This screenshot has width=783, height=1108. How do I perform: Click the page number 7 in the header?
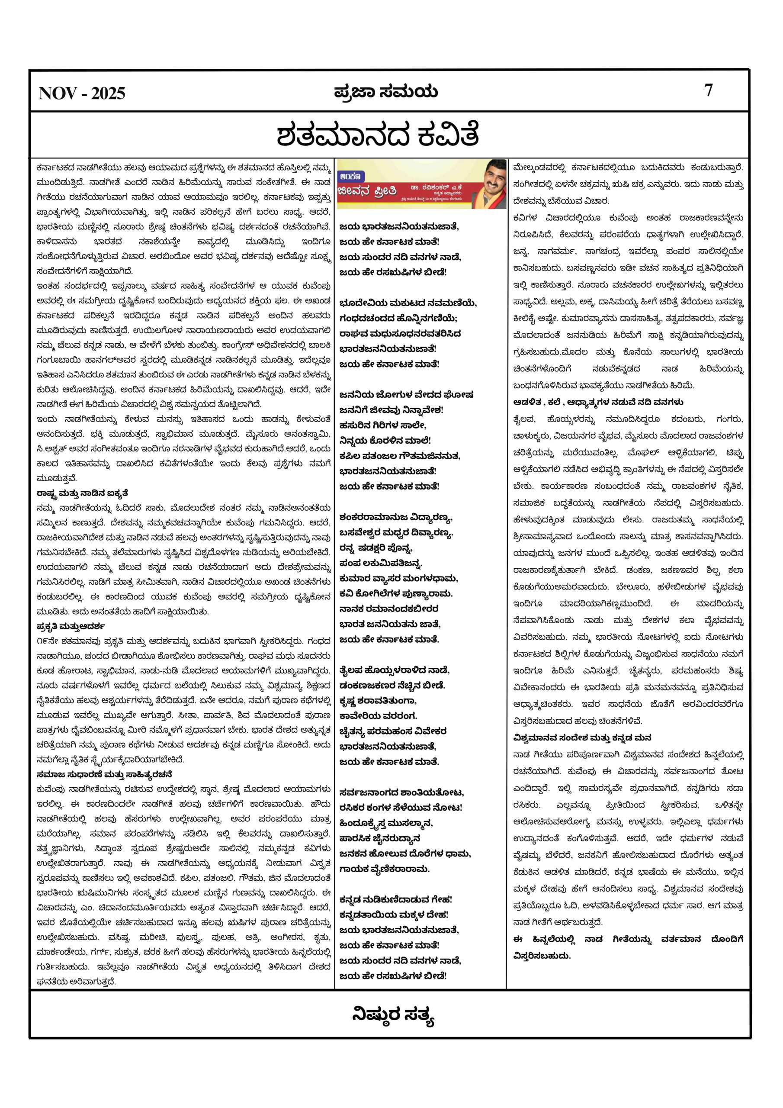coord(708,90)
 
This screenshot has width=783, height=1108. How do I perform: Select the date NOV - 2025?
coord(82,93)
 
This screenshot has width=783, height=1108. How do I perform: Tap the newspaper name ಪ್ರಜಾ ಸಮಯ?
coord(386,92)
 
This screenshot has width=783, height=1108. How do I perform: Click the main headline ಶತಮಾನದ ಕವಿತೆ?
coord(378,135)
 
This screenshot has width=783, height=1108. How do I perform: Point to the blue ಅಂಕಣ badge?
coord(352,176)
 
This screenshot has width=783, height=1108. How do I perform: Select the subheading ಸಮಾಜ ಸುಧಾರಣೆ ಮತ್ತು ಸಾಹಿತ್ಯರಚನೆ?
coord(104,774)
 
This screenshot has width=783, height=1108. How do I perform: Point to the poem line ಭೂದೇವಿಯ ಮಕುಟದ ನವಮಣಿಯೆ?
coord(408,303)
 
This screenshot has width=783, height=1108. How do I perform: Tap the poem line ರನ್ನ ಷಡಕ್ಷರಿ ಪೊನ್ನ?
coord(376,548)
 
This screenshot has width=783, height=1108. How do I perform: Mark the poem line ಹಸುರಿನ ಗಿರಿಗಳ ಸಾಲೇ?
coord(382,425)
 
